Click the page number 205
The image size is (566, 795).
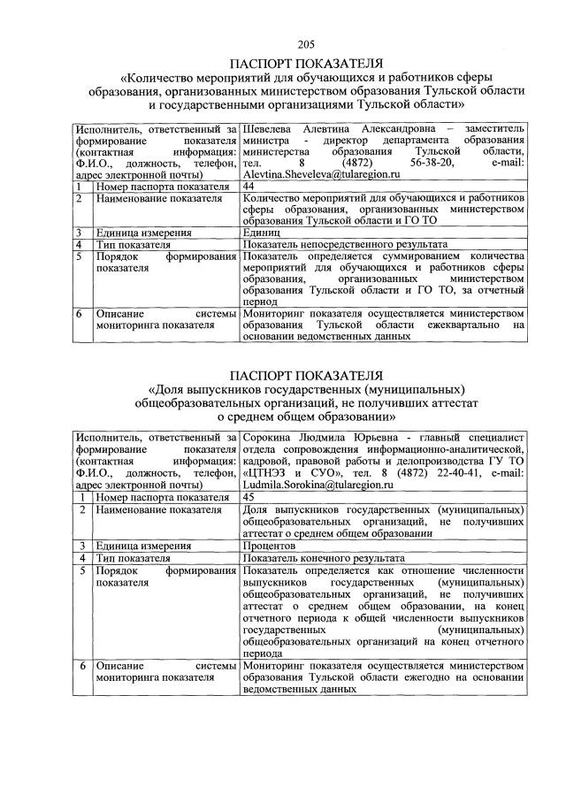306,45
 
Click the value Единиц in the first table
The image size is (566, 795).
262,232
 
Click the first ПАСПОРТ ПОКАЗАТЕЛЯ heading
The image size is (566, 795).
306,63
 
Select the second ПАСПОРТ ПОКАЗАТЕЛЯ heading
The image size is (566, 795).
306,374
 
